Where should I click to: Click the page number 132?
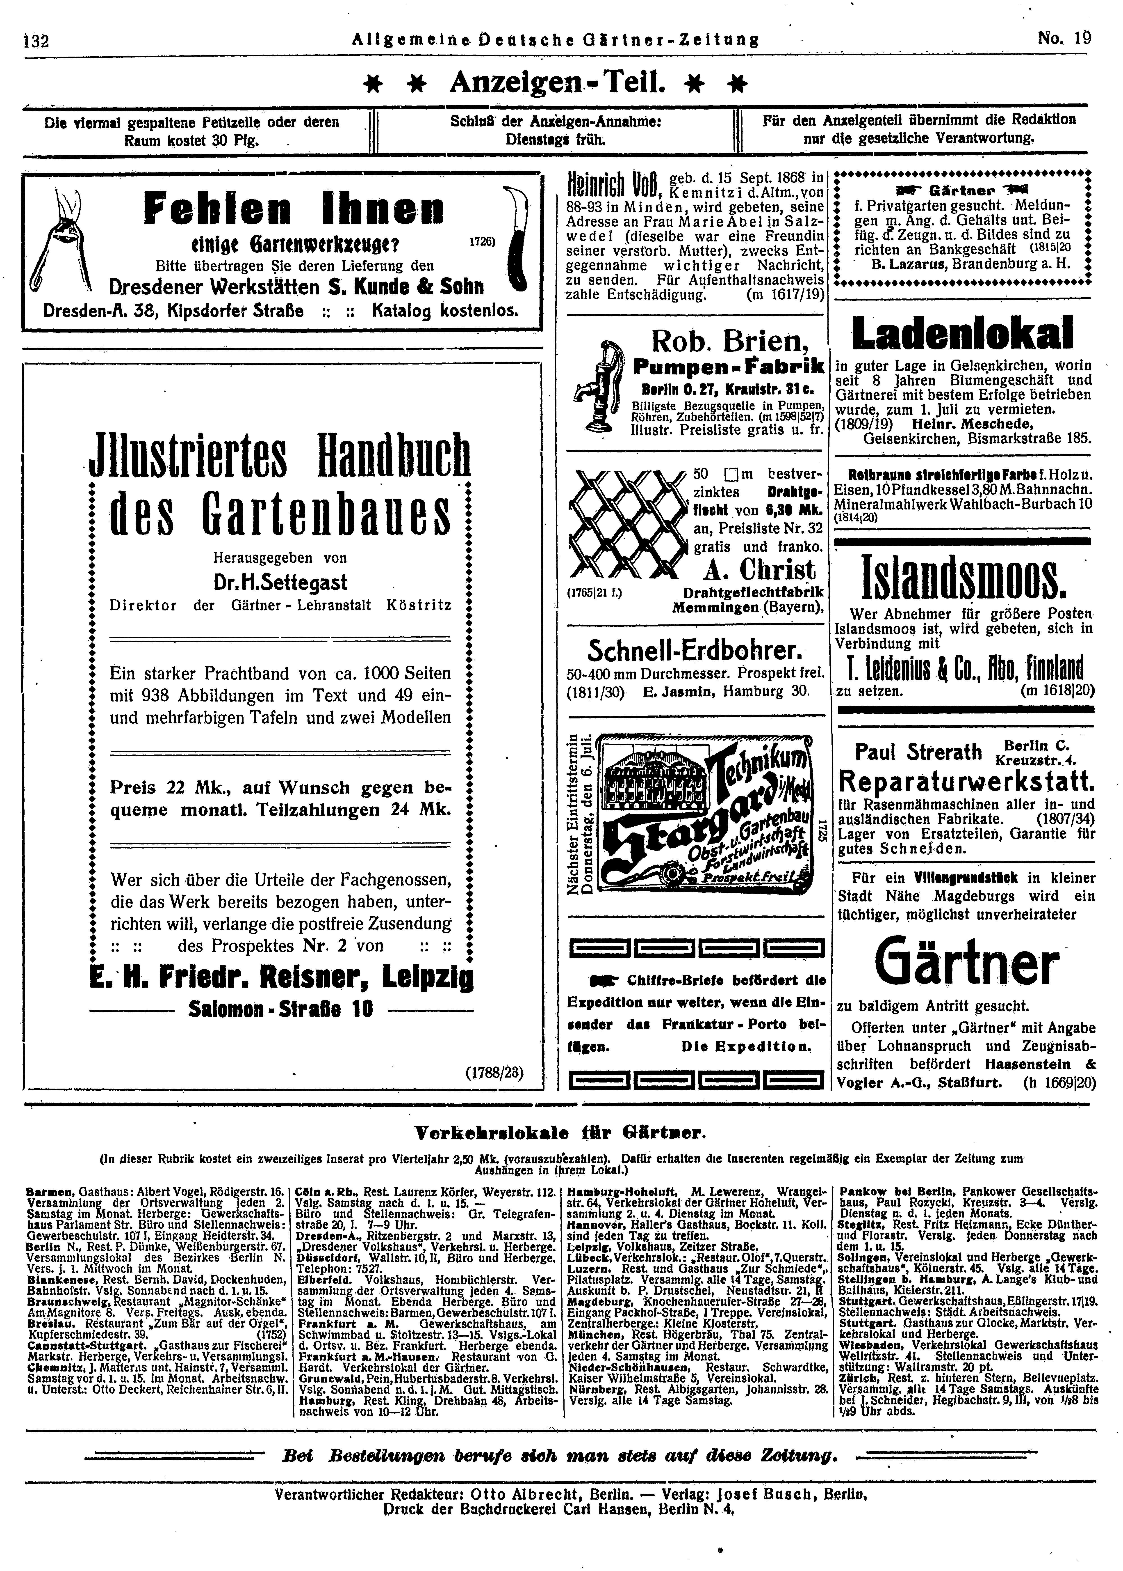coord(34,41)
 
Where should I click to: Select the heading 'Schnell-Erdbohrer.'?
coord(694,651)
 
